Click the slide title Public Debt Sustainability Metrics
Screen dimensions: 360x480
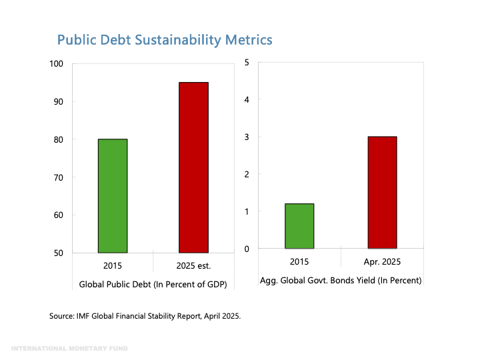click(164, 40)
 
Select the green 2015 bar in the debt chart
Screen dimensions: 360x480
click(112, 196)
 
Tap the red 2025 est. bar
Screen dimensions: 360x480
click(193, 167)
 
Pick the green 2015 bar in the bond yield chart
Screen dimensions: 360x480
click(299, 226)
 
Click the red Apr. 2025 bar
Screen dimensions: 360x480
click(382, 192)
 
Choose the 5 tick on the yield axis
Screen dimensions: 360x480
click(247, 63)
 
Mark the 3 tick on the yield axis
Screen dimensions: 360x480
click(247, 137)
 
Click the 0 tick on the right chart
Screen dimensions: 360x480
click(247, 249)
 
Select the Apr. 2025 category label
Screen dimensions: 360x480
click(382, 263)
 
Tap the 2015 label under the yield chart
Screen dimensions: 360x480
click(299, 263)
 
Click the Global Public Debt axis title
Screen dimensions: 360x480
click(153, 284)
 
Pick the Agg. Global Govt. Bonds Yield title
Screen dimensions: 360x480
click(340, 281)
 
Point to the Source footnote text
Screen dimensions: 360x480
click(145, 316)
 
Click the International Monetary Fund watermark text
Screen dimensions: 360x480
click(69, 349)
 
